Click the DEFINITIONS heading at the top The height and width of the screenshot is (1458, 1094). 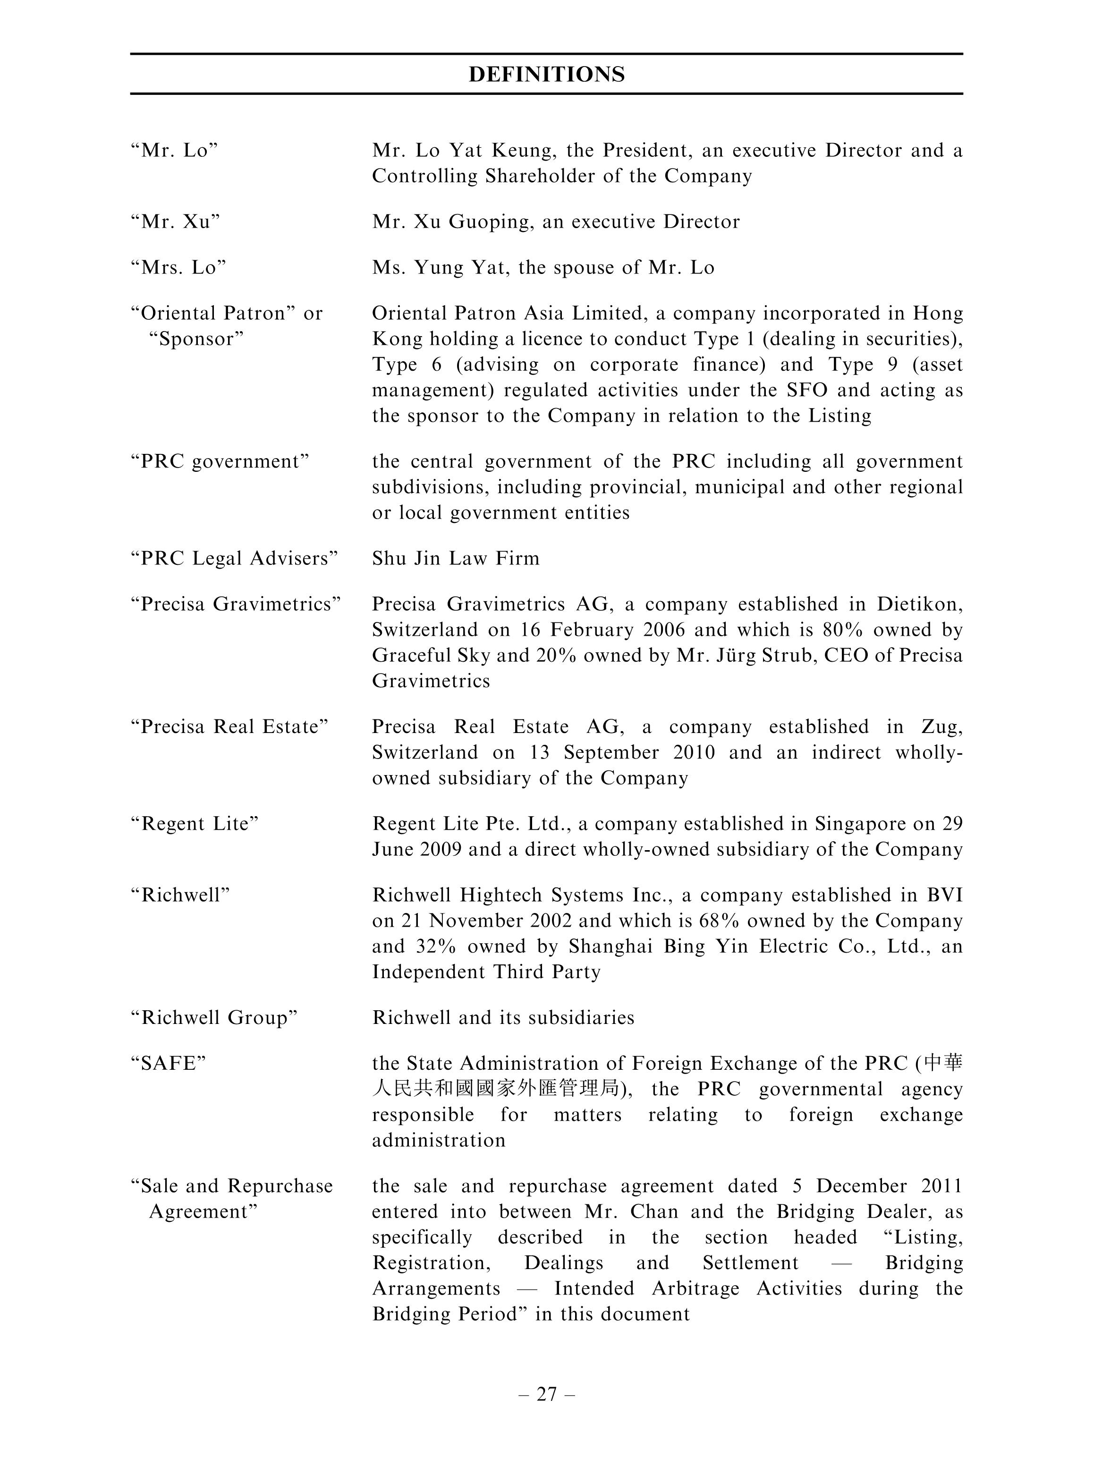pos(546,74)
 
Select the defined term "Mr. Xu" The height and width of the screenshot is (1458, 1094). pos(175,222)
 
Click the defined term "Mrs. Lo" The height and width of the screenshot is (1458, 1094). pos(178,268)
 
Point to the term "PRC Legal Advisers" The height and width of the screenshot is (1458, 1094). pos(234,558)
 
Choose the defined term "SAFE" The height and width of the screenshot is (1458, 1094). pos(169,1063)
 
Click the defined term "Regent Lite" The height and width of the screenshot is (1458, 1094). pos(195,824)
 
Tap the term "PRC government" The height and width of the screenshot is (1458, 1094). pos(220,461)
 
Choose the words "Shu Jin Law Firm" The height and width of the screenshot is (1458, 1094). pos(455,558)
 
